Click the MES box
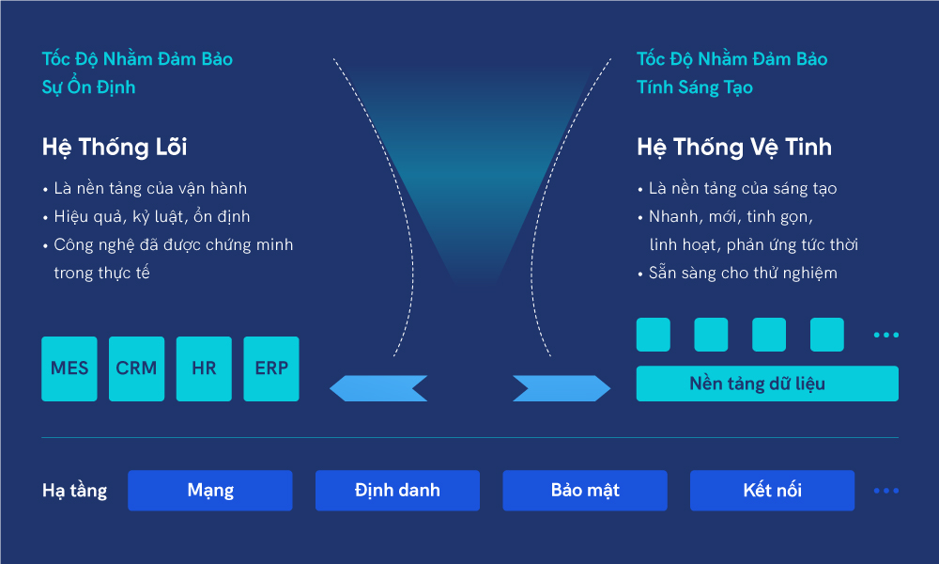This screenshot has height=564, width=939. coord(69,368)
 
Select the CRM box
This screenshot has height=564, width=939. coord(136,368)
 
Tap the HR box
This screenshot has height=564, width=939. coord(204,368)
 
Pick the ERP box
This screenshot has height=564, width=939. coord(271,368)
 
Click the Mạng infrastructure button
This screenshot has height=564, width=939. coord(210,491)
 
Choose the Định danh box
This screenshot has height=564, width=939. coord(397,491)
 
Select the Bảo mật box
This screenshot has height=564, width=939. coord(585,491)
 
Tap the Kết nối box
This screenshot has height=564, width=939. coord(772,491)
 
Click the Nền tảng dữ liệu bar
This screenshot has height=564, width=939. coord(767,384)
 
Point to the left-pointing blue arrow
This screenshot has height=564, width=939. coord(378,388)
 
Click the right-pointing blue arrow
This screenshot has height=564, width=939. coord(562,388)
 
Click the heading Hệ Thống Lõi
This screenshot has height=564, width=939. coord(115,147)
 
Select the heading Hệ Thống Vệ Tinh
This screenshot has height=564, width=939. coord(734,147)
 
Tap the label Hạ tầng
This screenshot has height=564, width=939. coord(75,491)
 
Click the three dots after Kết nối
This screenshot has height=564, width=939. coord(886,491)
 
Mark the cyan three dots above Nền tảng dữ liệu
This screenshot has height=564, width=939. coord(886,335)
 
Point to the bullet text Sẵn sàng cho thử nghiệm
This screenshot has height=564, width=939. coord(743,273)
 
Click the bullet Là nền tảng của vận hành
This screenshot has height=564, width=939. coord(150,188)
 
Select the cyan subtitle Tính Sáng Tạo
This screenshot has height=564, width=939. coord(695,86)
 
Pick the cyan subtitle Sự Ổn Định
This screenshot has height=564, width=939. coord(88,86)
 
